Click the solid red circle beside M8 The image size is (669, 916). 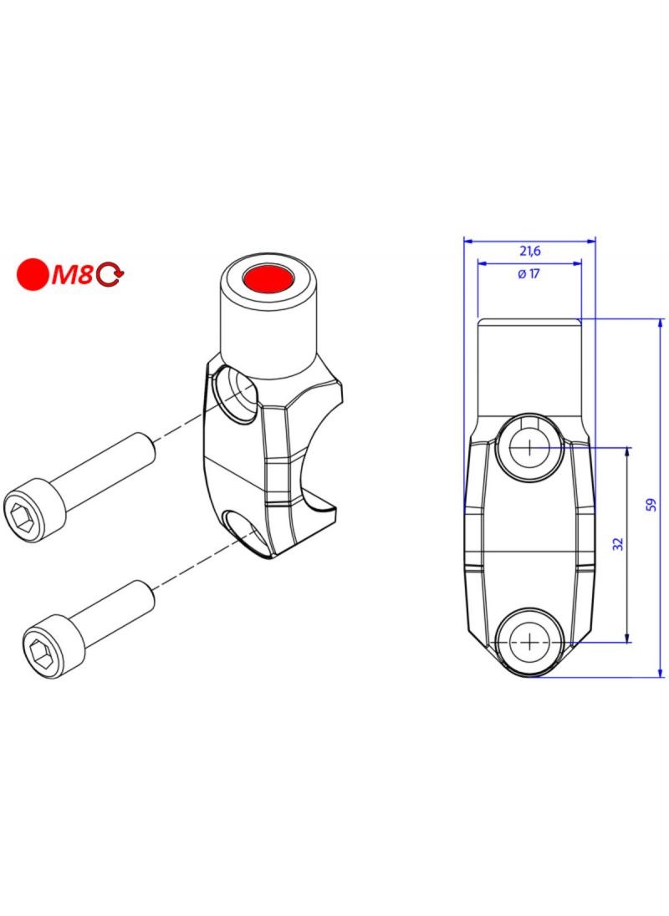tap(33, 274)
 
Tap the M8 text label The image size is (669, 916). tap(73, 275)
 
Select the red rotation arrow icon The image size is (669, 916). tap(110, 275)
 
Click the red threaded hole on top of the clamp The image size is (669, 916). tap(269, 277)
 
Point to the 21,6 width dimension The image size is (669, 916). tap(530, 251)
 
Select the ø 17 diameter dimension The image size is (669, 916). tap(529, 273)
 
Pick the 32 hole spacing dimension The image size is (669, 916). tap(618, 543)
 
